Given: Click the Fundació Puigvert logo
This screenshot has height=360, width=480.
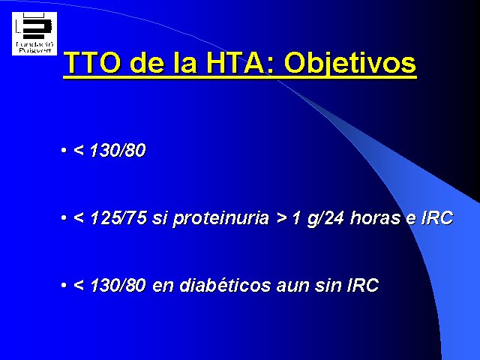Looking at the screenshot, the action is [34, 34].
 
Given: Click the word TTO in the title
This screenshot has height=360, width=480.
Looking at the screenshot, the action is [92, 63].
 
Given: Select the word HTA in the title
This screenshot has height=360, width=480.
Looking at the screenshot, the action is [235, 63].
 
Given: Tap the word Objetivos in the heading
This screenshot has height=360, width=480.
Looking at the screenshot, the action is [350, 64].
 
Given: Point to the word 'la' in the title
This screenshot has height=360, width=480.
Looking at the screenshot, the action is [185, 63].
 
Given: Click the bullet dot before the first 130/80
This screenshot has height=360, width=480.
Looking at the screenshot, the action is [64, 150].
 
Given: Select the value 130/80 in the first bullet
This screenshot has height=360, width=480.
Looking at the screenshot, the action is [118, 150].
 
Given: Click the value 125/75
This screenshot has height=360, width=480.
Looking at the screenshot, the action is [118, 217].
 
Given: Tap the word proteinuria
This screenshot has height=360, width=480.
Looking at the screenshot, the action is [221, 218].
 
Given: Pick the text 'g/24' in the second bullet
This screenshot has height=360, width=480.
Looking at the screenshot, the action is [325, 218].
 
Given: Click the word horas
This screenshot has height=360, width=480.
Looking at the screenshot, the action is [375, 217].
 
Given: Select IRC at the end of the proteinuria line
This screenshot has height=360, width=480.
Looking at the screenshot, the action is [437, 217].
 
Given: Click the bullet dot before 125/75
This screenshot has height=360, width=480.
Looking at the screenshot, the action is [64, 218].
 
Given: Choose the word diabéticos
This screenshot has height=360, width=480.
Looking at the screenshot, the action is [225, 285].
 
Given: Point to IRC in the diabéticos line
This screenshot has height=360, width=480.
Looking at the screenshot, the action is [363, 285].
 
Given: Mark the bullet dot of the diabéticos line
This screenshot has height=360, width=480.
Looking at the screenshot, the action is [64, 285].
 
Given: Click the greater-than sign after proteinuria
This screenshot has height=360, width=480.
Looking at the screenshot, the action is [282, 218].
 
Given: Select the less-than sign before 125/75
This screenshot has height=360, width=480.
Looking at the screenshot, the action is [79, 218].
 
